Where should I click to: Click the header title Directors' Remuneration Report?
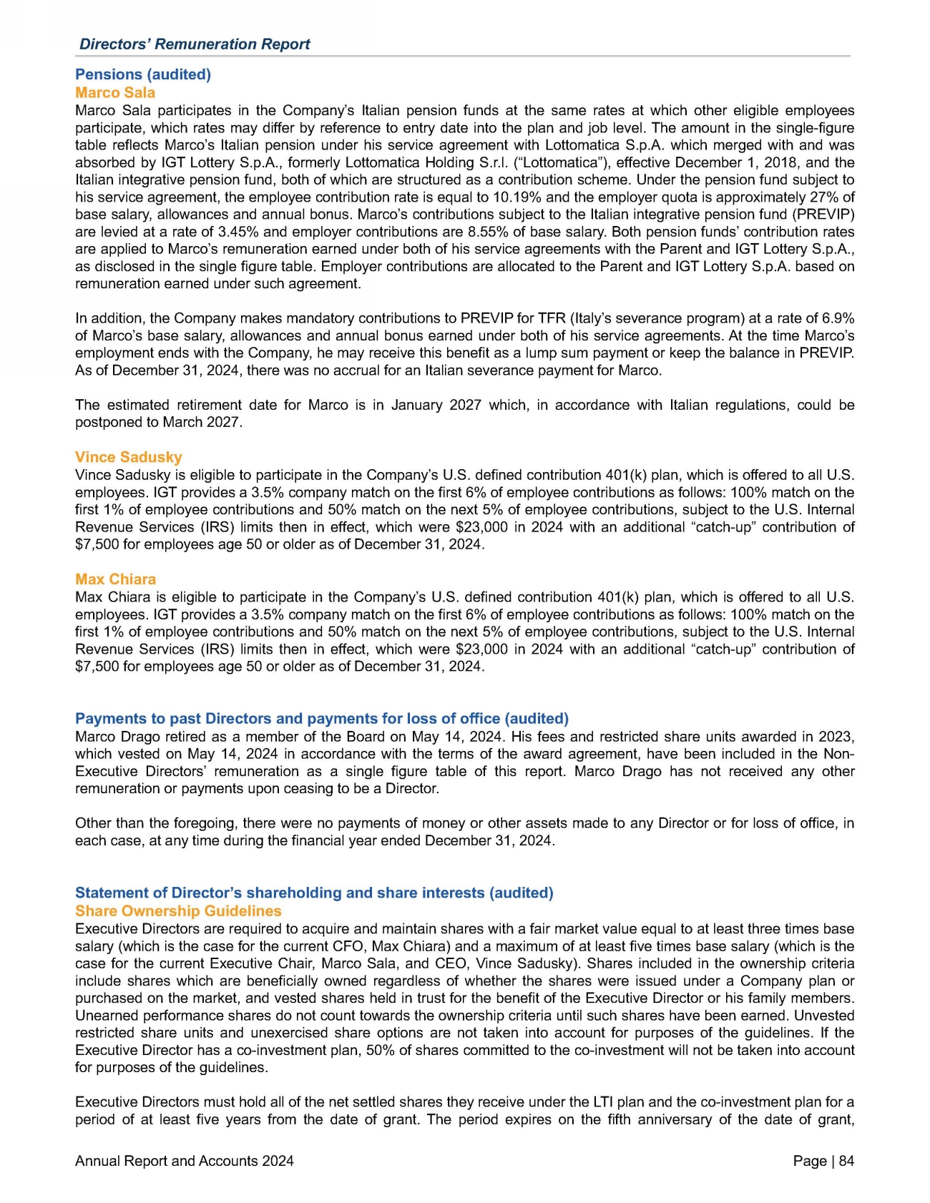pos(195,44)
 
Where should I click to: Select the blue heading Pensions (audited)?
pos(143,74)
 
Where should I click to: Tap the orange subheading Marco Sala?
pos(115,92)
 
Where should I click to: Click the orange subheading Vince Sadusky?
pos(129,457)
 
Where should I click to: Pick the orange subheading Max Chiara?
pos(115,579)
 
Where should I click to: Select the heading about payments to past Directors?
pos(322,718)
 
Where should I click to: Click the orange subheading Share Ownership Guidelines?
pos(178,911)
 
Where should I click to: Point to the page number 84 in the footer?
pos(846,1161)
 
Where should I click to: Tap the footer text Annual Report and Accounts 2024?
pos(185,1161)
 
